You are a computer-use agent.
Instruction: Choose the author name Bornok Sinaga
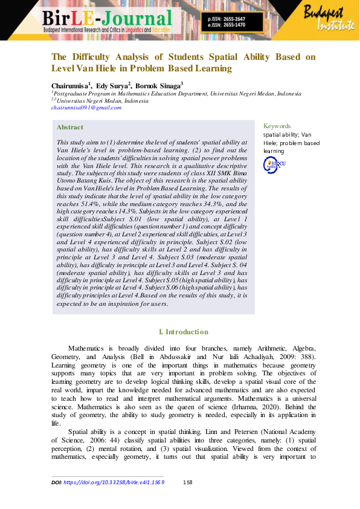click(x=160, y=86)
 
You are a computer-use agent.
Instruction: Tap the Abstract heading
click(x=69, y=128)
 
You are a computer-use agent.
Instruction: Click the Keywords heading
click(x=277, y=126)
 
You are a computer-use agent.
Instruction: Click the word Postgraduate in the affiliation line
click(x=72, y=94)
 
